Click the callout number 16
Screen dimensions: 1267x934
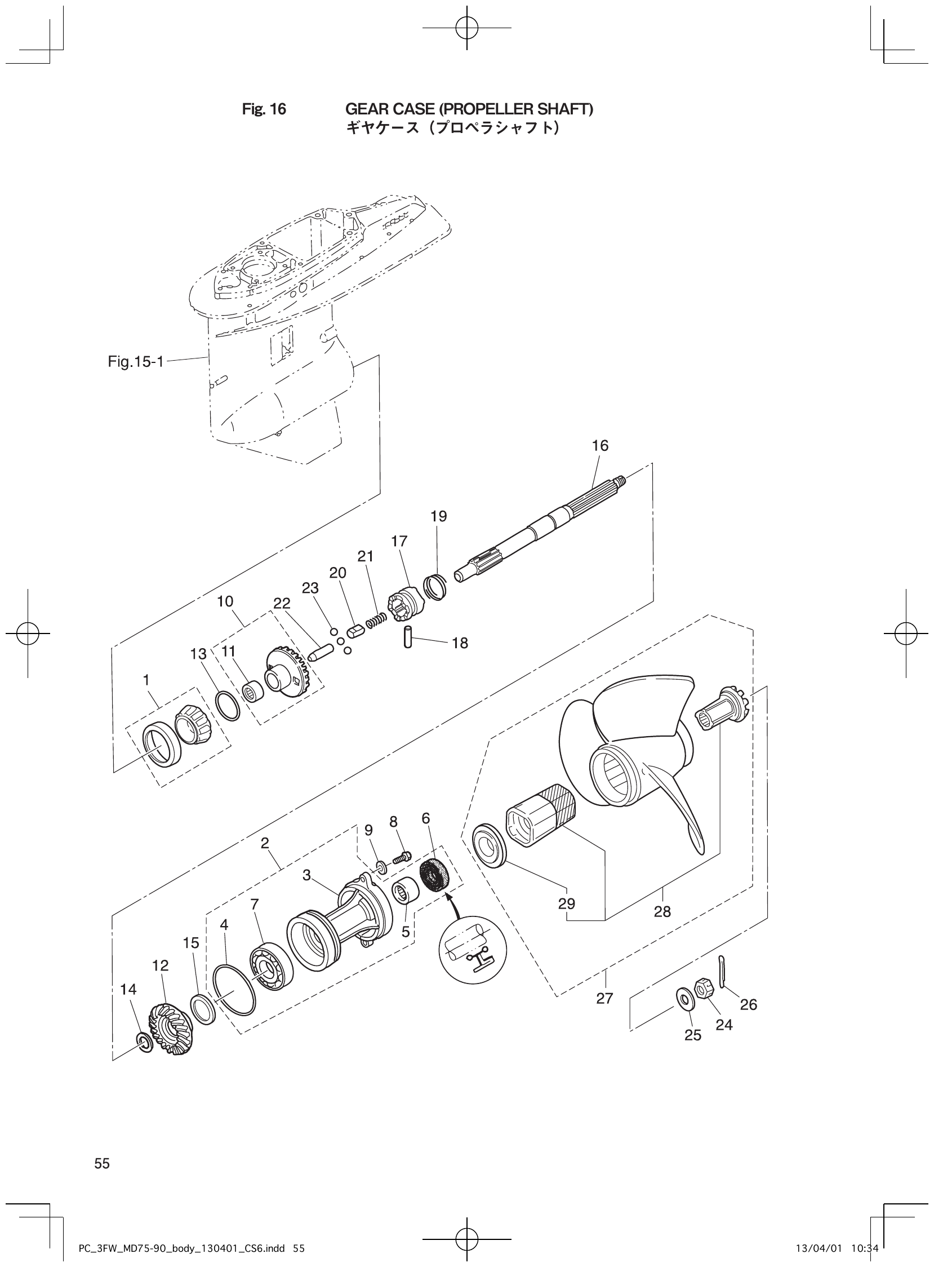600,446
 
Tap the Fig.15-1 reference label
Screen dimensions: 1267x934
136,361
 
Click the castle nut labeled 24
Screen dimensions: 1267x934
704,988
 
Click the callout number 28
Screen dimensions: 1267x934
662,911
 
